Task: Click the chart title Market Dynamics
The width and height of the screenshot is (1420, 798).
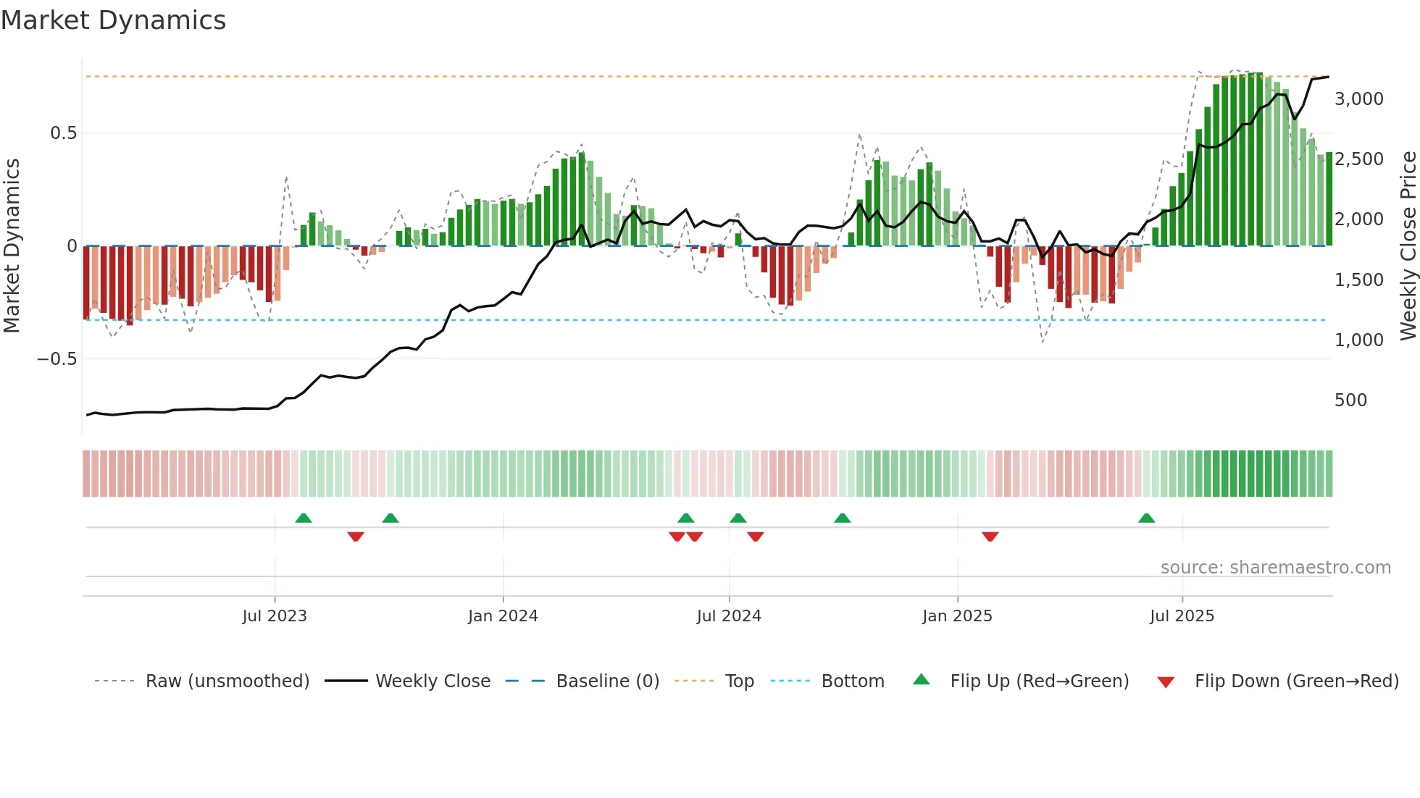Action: point(113,20)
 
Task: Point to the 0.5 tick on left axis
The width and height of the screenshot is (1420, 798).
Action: point(63,133)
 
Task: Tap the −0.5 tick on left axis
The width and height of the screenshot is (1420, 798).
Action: point(57,359)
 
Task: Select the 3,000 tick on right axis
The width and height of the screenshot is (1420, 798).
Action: point(1358,99)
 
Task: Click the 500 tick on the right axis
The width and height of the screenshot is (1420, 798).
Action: point(1350,400)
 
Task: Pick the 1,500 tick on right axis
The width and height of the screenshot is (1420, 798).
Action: point(1358,280)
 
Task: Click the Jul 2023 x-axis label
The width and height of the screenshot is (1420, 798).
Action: point(275,616)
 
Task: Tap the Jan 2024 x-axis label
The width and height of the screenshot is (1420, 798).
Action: point(503,616)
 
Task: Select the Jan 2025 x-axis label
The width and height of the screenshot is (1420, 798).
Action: point(957,616)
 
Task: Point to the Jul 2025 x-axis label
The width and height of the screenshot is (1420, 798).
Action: point(1182,616)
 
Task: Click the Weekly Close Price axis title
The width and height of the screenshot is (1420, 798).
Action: point(1408,245)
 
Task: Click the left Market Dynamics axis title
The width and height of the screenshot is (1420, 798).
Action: point(12,245)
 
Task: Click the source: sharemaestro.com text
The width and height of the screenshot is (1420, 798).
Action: point(1275,568)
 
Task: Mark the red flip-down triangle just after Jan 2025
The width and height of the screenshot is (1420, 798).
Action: point(990,537)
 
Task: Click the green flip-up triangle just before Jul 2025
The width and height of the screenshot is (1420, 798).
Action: point(1146,518)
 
